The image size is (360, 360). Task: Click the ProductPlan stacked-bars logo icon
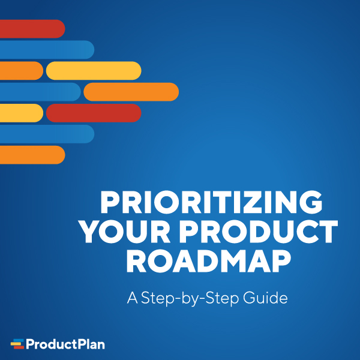17,344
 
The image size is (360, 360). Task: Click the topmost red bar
31,29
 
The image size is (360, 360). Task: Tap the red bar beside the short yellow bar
93,113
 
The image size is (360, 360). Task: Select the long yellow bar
93,71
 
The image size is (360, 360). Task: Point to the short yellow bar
20,113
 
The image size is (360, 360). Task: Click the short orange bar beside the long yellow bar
20,71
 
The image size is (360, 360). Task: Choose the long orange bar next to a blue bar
131,92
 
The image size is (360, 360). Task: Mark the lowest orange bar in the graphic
31,155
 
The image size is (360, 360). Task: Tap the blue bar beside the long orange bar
38,92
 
